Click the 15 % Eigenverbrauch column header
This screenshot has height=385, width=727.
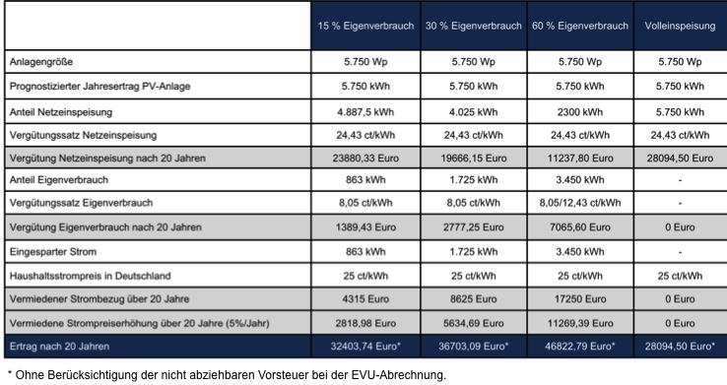pos(365,26)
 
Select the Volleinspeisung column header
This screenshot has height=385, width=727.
pos(680,26)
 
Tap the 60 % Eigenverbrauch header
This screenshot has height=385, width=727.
pos(580,26)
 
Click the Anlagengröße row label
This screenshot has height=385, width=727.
pos(41,62)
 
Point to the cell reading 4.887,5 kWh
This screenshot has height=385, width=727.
pos(365,112)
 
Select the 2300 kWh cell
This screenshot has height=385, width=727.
pos(580,112)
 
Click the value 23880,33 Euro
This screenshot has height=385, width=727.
pos(365,159)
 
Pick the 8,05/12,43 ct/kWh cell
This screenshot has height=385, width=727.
pos(580,203)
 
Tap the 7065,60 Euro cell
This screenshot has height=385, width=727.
pos(580,227)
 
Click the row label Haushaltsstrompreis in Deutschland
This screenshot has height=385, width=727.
pos(90,276)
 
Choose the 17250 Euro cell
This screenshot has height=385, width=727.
pos(580,299)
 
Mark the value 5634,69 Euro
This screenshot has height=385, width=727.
pos(474,323)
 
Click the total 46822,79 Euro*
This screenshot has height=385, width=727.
pos(580,347)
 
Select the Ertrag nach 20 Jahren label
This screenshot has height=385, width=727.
pos(59,347)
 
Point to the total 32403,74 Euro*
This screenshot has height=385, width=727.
pos(365,347)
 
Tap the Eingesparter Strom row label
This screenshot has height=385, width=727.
pos(53,252)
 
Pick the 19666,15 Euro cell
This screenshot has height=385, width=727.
pos(474,159)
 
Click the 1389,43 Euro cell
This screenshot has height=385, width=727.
pos(365,227)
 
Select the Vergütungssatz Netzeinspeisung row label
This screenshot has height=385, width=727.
pos(83,135)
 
